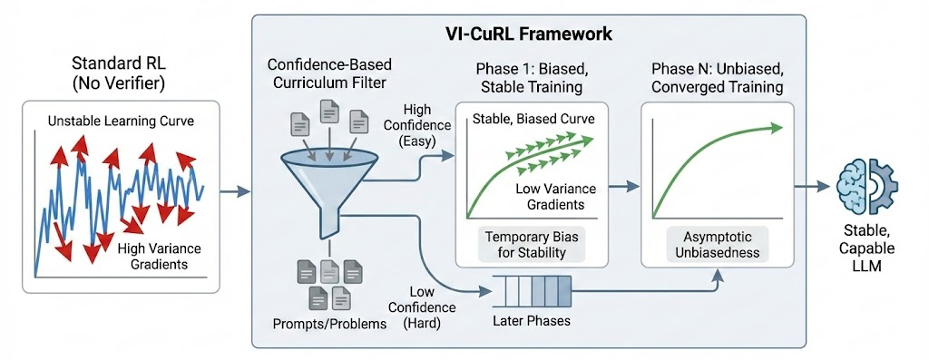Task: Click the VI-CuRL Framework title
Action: pos(529,34)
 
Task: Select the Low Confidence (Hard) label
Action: pos(412,312)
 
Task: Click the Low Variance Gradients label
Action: pos(555,196)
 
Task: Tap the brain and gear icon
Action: pos(870,186)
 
